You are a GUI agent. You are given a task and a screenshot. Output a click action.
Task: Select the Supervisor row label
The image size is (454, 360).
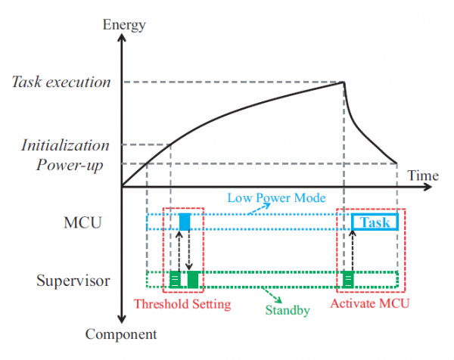click(x=73, y=281)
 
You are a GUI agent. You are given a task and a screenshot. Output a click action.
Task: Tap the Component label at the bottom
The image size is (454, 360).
click(x=121, y=334)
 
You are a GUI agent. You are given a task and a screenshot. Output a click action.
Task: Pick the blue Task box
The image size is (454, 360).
click(x=375, y=222)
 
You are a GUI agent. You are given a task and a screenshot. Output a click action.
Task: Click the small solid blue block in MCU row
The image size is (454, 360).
click(x=185, y=222)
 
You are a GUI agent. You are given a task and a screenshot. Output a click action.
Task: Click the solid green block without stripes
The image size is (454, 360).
click(x=193, y=279)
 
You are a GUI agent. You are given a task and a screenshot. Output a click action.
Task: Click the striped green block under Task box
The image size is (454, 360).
click(x=348, y=279)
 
